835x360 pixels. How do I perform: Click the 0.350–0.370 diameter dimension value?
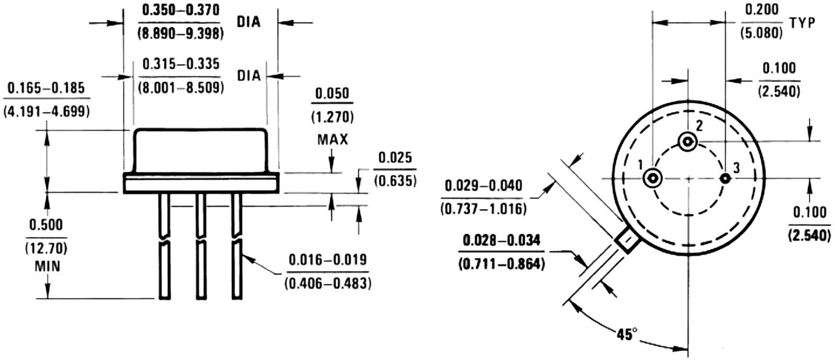click(x=181, y=10)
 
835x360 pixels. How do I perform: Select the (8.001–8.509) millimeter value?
click(x=181, y=87)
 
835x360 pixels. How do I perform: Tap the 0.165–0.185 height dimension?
click(x=46, y=87)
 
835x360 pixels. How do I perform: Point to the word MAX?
click(x=332, y=140)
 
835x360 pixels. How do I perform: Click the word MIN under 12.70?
click(x=47, y=266)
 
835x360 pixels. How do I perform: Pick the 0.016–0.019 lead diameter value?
click(x=328, y=259)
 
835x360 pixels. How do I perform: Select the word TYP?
click(x=803, y=23)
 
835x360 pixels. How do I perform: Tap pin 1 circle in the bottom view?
click(x=652, y=178)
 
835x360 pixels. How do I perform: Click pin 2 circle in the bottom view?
click(x=687, y=141)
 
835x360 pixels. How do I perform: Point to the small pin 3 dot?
click(x=725, y=178)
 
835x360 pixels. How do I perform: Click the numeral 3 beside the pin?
click(x=736, y=168)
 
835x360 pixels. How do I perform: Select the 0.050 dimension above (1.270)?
click(x=333, y=94)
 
